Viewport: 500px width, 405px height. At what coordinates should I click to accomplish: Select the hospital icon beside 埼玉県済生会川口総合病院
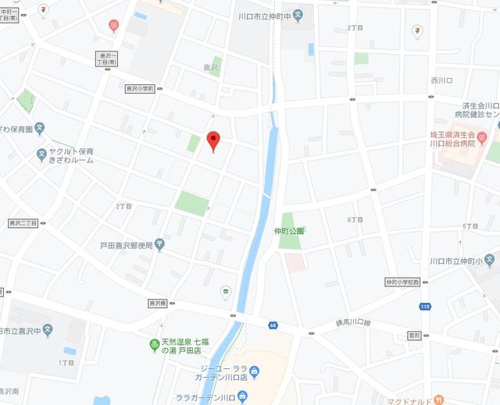pyautogui.click(x=482, y=138)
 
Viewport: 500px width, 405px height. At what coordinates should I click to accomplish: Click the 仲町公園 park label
pyautogui.click(x=288, y=231)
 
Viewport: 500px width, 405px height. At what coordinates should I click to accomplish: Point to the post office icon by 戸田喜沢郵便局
pyautogui.click(x=160, y=244)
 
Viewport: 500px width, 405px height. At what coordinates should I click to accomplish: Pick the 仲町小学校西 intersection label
pyautogui.click(x=402, y=282)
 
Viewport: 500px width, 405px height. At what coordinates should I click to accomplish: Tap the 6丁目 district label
pyautogui.click(x=355, y=220)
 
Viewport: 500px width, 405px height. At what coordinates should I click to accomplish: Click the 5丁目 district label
pyautogui.click(x=470, y=226)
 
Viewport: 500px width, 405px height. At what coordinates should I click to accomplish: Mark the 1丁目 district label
pyautogui.click(x=66, y=363)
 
